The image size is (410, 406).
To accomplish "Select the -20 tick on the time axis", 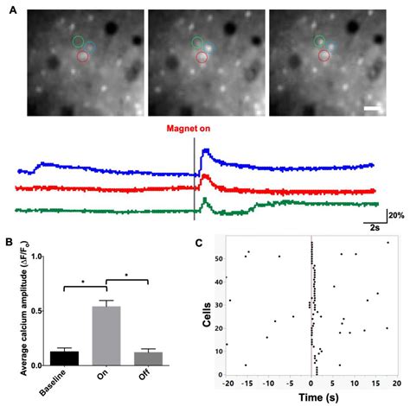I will point(228,382).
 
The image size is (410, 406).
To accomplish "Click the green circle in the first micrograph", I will point(79,41).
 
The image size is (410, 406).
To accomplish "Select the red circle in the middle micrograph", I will point(202,57).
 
